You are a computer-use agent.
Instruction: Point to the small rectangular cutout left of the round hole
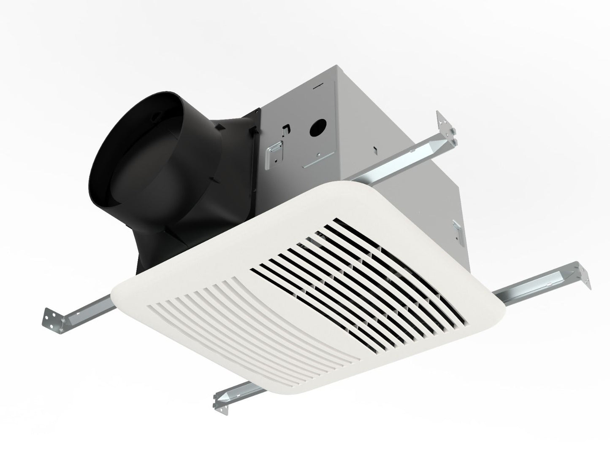pyautogui.click(x=287, y=126)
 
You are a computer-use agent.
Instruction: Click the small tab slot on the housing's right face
pyautogui.click(x=374, y=148)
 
